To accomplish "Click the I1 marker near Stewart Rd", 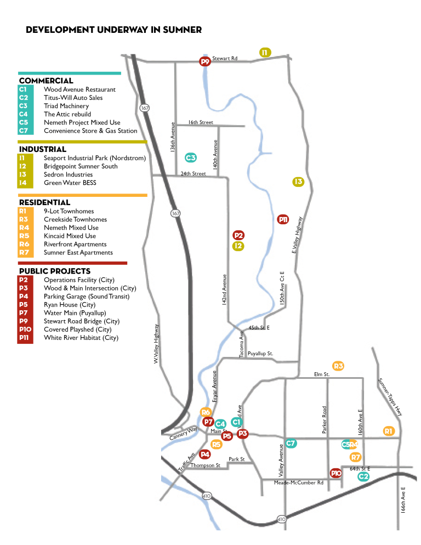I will (265, 52).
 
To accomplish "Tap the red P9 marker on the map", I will (205, 62).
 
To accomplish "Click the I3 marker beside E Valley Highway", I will (298, 181).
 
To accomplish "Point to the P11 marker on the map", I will (283, 219).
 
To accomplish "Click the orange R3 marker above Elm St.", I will (338, 366).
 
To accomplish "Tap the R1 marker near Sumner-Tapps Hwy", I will (389, 431).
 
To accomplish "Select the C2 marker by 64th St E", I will (363, 476).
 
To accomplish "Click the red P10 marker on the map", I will (337, 473).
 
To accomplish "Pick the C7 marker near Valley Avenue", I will (291, 442).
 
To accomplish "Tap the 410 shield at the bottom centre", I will (281, 519).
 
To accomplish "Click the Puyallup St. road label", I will (260, 354).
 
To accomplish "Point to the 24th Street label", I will (193, 174).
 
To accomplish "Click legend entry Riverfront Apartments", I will (75, 244).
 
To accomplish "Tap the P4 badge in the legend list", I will (26, 296).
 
